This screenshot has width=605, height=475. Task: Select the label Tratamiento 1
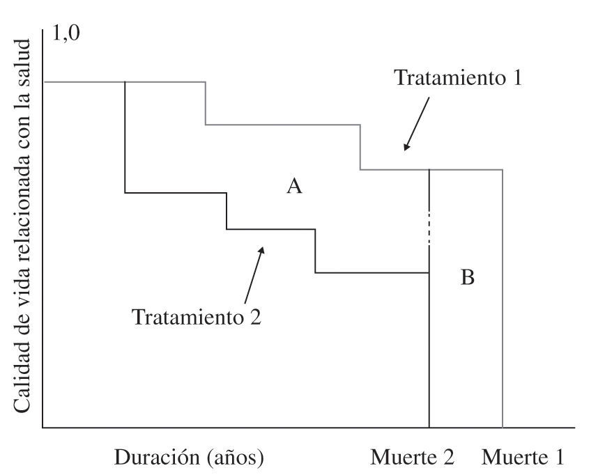[458, 77]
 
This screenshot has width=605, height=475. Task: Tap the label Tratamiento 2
[197, 318]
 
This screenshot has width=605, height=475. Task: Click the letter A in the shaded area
[295, 187]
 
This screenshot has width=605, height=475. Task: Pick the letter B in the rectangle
[468, 278]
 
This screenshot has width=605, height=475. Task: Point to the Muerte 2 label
[413, 458]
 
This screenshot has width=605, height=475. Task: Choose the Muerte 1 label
[523, 458]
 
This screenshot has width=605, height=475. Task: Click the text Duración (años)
[189, 458]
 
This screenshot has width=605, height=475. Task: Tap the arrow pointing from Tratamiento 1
[417, 124]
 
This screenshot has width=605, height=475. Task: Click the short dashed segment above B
[429, 226]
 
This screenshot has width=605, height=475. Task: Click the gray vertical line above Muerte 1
[503, 299]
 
